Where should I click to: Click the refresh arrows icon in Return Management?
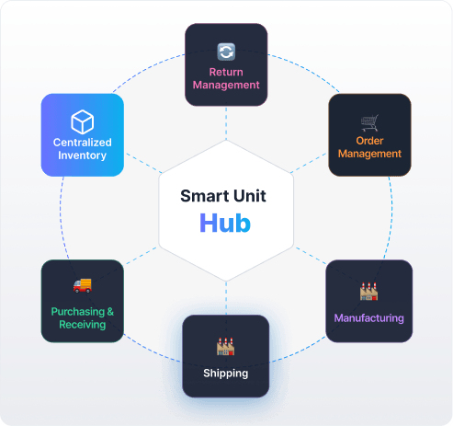226,52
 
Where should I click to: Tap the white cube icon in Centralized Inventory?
83,121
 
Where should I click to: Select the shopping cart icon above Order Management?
369,122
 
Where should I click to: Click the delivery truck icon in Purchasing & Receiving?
83,285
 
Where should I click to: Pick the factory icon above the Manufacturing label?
368,292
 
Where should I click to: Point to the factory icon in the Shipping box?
226,347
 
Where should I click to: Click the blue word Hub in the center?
225,223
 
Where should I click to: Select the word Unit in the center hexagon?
250,196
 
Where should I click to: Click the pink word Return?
226,72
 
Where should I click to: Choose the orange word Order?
369,141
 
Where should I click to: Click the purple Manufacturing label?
368,318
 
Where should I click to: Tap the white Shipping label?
226,374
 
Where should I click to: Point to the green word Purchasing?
78,312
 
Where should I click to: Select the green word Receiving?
83,325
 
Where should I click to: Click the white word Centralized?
83,143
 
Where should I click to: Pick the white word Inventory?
83,155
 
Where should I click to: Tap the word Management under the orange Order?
369,154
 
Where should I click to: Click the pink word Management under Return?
226,85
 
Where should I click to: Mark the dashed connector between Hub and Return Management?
226,123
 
